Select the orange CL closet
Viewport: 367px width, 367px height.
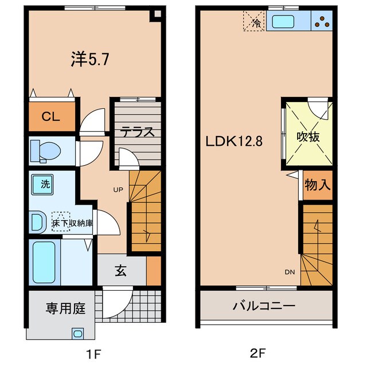pos(50,116)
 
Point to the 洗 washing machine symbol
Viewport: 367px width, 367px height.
pos(44,185)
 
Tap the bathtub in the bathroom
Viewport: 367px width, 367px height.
pos(44,261)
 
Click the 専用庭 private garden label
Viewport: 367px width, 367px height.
pos(65,309)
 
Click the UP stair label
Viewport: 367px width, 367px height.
pos(117,189)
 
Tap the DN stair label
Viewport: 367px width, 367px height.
pos(290,272)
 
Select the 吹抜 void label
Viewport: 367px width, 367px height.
pos(308,138)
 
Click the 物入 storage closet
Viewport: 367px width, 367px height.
pos(317,186)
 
